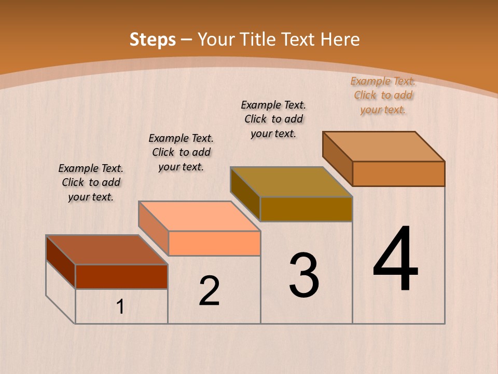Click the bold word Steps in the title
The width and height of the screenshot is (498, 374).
click(x=153, y=39)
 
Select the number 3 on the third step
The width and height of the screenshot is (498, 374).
click(x=304, y=275)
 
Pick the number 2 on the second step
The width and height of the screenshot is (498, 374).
click(x=210, y=291)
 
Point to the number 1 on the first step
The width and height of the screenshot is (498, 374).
click(x=120, y=307)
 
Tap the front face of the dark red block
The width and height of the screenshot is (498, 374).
click(x=121, y=276)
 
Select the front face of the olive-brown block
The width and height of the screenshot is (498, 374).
click(x=306, y=209)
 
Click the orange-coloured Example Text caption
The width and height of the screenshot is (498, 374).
click(x=383, y=95)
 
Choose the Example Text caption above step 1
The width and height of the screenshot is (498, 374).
click(x=91, y=182)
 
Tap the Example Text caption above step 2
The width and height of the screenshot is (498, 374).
click(x=181, y=152)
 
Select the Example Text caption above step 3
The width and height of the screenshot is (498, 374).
click(x=273, y=119)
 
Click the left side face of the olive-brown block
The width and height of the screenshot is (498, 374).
click(x=245, y=194)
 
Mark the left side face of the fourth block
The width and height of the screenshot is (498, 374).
click(x=337, y=158)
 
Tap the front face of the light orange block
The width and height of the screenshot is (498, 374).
click(x=214, y=243)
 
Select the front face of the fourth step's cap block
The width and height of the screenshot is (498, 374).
click(x=398, y=173)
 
